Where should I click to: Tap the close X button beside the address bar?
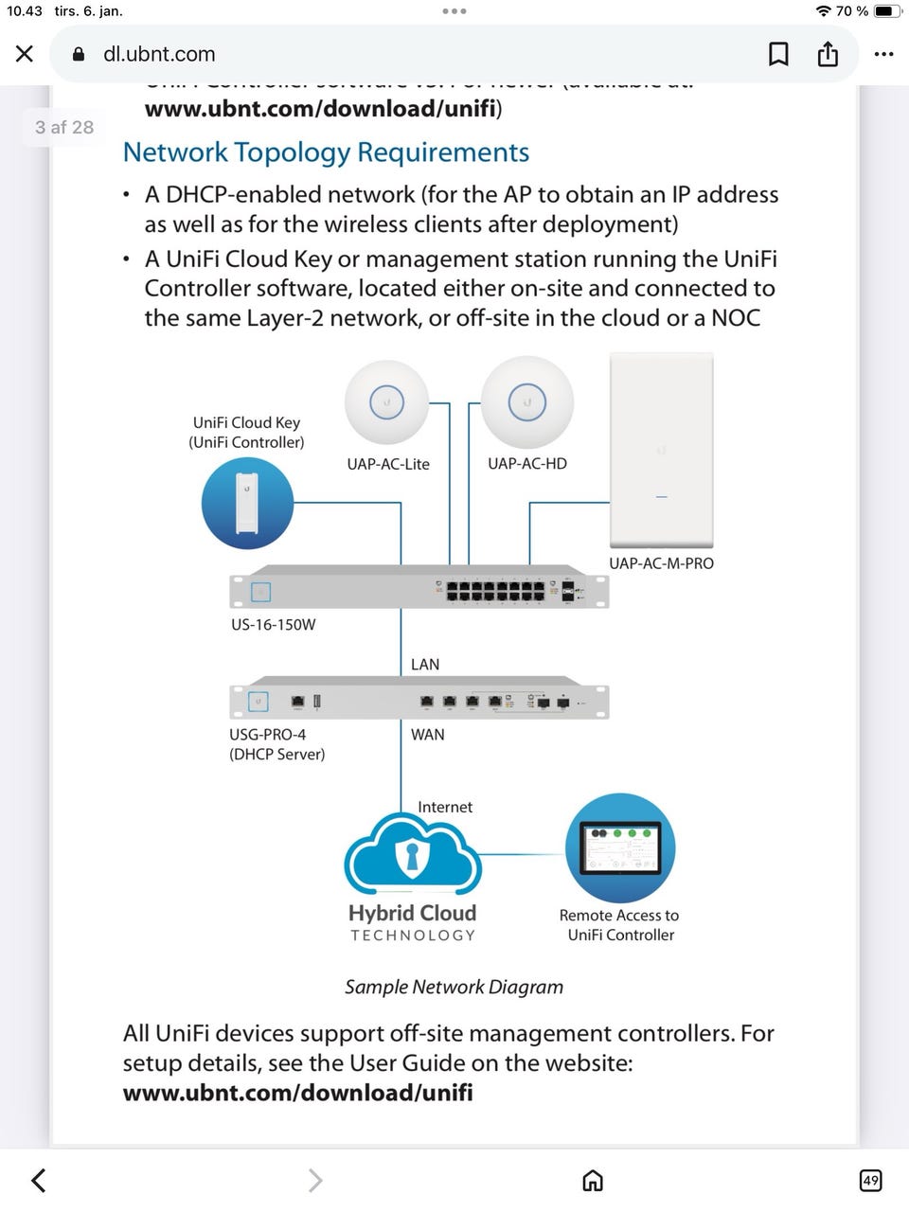[x=25, y=54]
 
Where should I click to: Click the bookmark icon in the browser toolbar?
[x=778, y=54]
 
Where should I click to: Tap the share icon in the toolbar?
[x=828, y=54]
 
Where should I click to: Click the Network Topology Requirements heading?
[x=326, y=152]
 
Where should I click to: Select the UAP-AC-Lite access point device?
[x=386, y=402]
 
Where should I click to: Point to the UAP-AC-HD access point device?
[x=527, y=402]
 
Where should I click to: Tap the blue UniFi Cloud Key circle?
[x=247, y=503]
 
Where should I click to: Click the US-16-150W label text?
[x=274, y=625]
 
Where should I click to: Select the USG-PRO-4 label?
[x=268, y=735]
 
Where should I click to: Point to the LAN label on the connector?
[x=425, y=665]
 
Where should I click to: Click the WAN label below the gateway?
[x=428, y=735]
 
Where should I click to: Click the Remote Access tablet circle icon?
[x=620, y=847]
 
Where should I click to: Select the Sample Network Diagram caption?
[x=454, y=987]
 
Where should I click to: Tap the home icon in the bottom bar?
[x=593, y=1180]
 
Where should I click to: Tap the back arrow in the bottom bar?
[x=38, y=1180]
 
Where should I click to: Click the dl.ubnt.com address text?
[x=159, y=54]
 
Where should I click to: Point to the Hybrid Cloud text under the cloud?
[x=412, y=913]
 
